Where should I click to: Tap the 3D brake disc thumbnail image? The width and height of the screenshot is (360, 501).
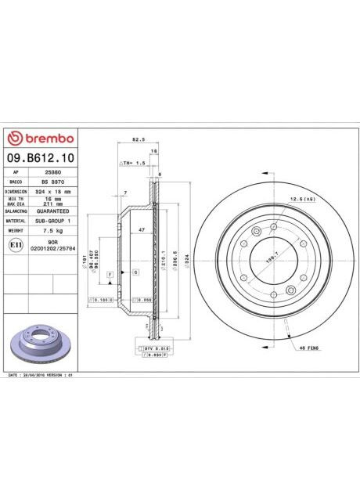tap(39, 341)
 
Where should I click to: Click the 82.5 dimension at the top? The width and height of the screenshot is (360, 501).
tap(138, 140)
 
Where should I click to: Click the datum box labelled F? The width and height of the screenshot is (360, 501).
tap(110, 273)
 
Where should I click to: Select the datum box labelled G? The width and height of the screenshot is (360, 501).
tap(135, 271)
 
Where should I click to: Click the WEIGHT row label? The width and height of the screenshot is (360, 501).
tap(16, 232)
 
